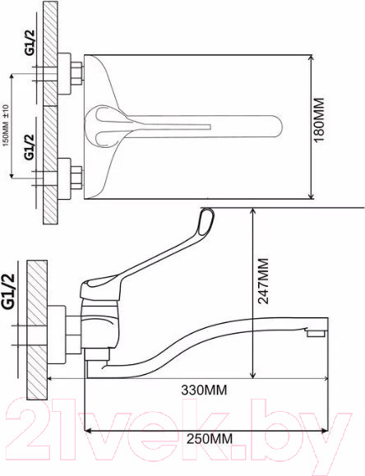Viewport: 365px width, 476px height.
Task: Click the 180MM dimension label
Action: click(x=319, y=120)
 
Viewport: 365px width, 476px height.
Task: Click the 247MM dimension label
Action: click(x=263, y=281)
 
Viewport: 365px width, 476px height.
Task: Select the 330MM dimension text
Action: click(x=204, y=390)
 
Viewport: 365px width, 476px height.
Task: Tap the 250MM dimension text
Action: click(x=210, y=439)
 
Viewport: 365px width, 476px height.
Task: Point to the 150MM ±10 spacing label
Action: click(x=6, y=125)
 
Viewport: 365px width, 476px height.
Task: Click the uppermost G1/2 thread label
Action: click(x=30, y=43)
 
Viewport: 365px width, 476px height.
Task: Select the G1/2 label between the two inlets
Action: click(x=30, y=147)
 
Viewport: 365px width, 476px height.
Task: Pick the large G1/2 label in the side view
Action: click(x=8, y=291)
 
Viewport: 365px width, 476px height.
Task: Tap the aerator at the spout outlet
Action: click(x=316, y=333)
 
